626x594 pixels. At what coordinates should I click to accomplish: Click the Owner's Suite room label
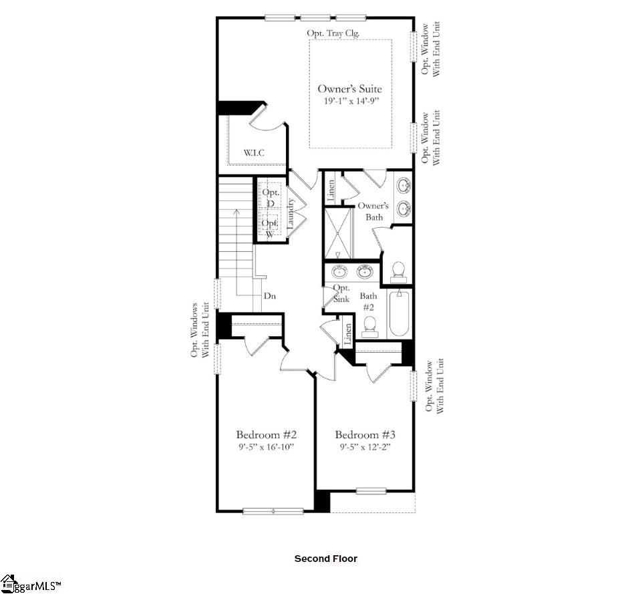click(349, 89)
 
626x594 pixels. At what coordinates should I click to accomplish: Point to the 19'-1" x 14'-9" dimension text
click(349, 102)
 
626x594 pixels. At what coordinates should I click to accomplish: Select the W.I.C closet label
click(253, 153)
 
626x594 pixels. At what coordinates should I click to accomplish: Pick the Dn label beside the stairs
click(270, 295)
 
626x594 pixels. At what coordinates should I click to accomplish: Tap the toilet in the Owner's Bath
click(398, 271)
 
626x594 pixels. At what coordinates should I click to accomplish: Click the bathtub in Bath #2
click(400, 313)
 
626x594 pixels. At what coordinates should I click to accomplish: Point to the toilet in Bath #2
click(371, 325)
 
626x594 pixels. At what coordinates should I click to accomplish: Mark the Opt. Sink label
click(341, 293)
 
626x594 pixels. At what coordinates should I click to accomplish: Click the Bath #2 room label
click(369, 301)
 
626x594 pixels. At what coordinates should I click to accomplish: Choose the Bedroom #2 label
click(261, 434)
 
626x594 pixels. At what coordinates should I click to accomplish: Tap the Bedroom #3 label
click(361, 434)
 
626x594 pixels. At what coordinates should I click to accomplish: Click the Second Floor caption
click(326, 559)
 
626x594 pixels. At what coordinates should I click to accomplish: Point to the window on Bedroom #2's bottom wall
click(273, 511)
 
